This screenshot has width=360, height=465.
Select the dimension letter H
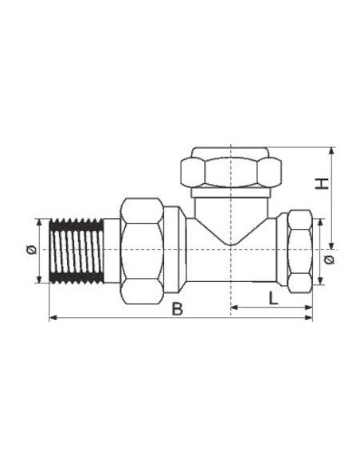[322, 184]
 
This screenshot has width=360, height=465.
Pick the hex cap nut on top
[230, 170]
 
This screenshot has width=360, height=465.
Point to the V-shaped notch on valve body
[229, 231]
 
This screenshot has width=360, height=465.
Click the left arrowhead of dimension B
[53, 318]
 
